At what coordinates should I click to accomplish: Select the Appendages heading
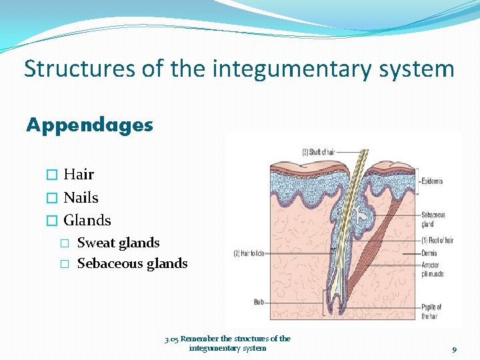click(x=89, y=125)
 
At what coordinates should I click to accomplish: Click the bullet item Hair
click(x=79, y=175)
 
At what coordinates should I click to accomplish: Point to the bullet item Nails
click(x=81, y=197)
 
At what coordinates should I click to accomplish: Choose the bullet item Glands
click(x=87, y=220)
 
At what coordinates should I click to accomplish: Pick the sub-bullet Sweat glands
click(x=118, y=243)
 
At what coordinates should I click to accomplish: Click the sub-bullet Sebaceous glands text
click(x=132, y=263)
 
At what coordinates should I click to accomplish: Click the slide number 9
click(x=454, y=349)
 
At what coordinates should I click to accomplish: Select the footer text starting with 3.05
click(x=227, y=343)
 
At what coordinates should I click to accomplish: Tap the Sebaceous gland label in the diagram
click(x=433, y=219)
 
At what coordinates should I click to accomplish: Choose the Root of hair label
click(x=437, y=240)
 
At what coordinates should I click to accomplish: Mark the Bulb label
click(x=259, y=302)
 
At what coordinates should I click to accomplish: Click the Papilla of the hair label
click(x=431, y=311)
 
